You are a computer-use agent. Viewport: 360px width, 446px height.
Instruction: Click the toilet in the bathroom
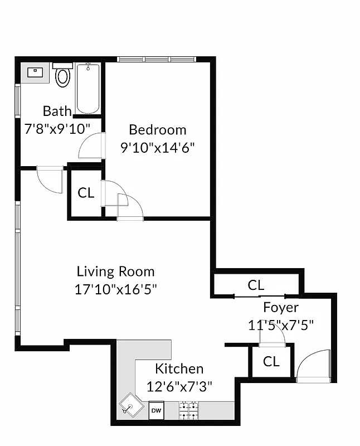pos(63,75)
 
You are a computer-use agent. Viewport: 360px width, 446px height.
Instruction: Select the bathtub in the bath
pos(88,89)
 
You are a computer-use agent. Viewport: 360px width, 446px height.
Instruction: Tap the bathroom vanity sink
pos(35,72)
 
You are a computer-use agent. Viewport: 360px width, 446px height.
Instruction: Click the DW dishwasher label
pos(156,411)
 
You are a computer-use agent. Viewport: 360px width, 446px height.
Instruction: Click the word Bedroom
pos(157,130)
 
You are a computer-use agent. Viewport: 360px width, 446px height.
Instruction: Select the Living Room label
pos(115,272)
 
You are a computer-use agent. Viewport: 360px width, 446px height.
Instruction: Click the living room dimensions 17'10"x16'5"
pos(115,289)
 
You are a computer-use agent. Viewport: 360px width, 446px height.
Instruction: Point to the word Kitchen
pos(179,369)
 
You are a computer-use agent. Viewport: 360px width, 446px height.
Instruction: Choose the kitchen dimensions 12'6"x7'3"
pos(179,386)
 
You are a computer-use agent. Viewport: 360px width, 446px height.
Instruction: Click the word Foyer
pos(281,307)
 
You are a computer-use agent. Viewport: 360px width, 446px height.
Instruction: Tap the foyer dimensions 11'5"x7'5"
pos(281,324)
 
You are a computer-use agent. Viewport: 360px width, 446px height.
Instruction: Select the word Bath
pos(57,110)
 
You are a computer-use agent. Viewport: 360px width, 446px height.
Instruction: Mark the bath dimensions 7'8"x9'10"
pos(58,128)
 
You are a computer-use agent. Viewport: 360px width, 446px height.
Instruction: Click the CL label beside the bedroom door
pos(86,193)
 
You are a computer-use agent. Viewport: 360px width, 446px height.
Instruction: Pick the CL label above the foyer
pos(256,285)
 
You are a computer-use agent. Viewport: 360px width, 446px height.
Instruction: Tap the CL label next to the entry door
pos(271,361)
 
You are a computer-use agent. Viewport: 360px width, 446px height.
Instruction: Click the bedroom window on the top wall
pos(156,59)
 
